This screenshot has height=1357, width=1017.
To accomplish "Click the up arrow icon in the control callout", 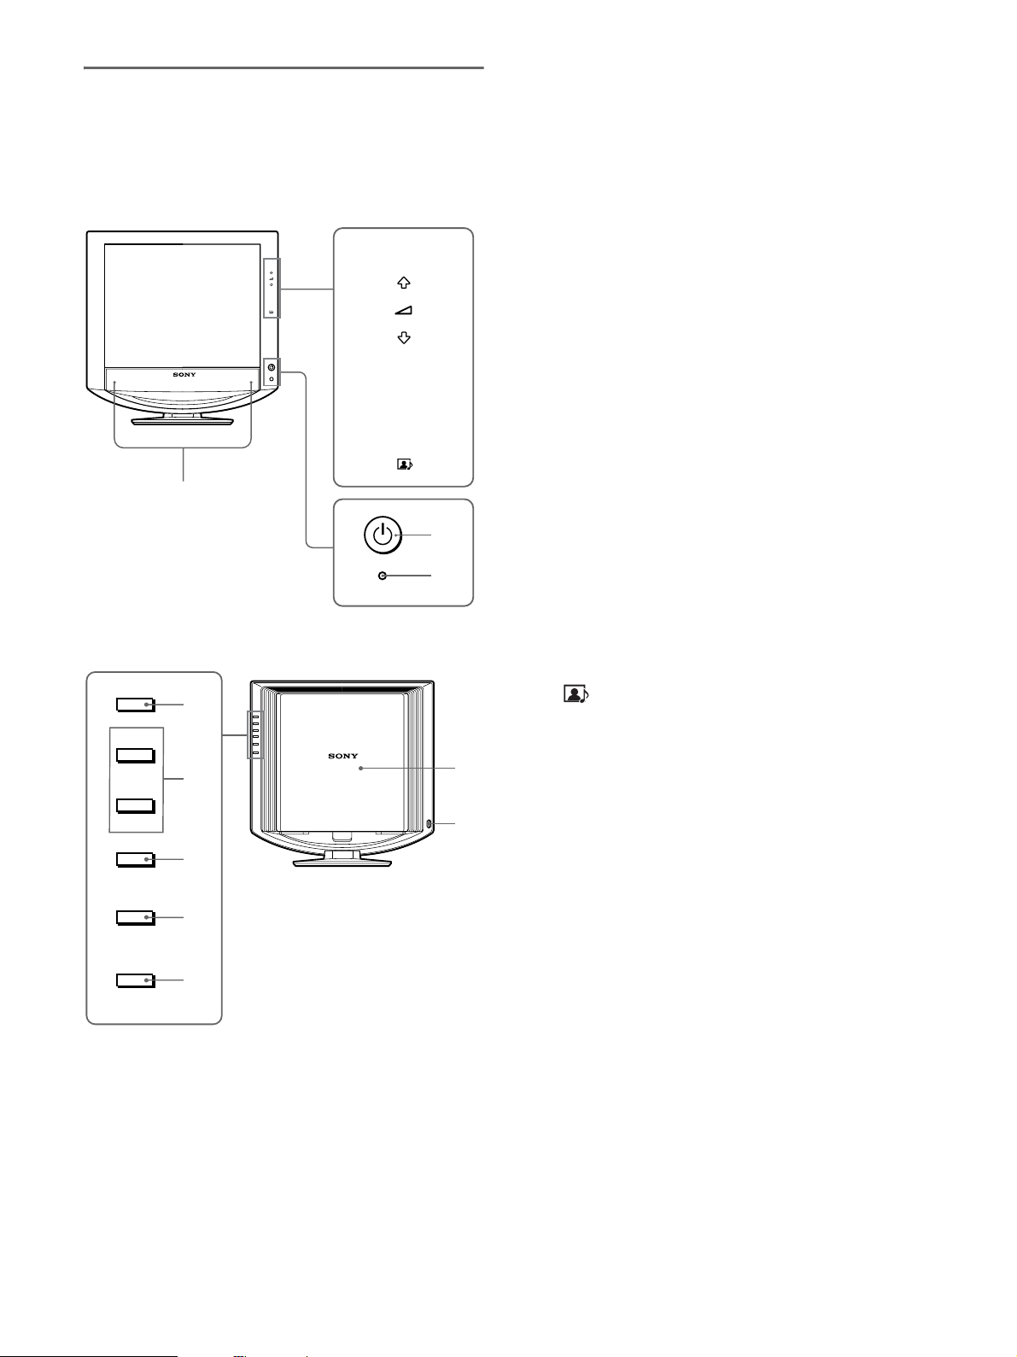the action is coord(404,283).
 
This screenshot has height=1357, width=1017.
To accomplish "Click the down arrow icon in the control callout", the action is coord(404,338).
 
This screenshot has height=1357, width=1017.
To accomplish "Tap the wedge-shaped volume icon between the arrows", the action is coord(404,311).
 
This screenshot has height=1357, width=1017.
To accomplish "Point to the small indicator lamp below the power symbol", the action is coord(383,576).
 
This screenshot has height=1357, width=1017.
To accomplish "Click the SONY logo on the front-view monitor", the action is coord(184,374).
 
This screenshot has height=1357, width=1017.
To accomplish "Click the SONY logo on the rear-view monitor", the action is coord(343,756).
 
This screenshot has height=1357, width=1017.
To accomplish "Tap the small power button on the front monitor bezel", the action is coord(271,367).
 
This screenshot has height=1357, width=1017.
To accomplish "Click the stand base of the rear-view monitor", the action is coord(342,863).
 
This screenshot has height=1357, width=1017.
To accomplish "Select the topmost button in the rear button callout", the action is coord(136,705).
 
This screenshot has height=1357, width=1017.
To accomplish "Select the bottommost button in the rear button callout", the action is coord(136,980).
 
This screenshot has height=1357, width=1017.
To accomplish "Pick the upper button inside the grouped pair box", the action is coord(136,755).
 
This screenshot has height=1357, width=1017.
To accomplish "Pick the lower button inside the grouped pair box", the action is coord(136,805).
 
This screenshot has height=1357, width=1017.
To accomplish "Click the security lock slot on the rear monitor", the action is coord(429,824).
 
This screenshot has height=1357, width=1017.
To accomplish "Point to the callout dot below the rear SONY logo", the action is coord(362,769).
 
